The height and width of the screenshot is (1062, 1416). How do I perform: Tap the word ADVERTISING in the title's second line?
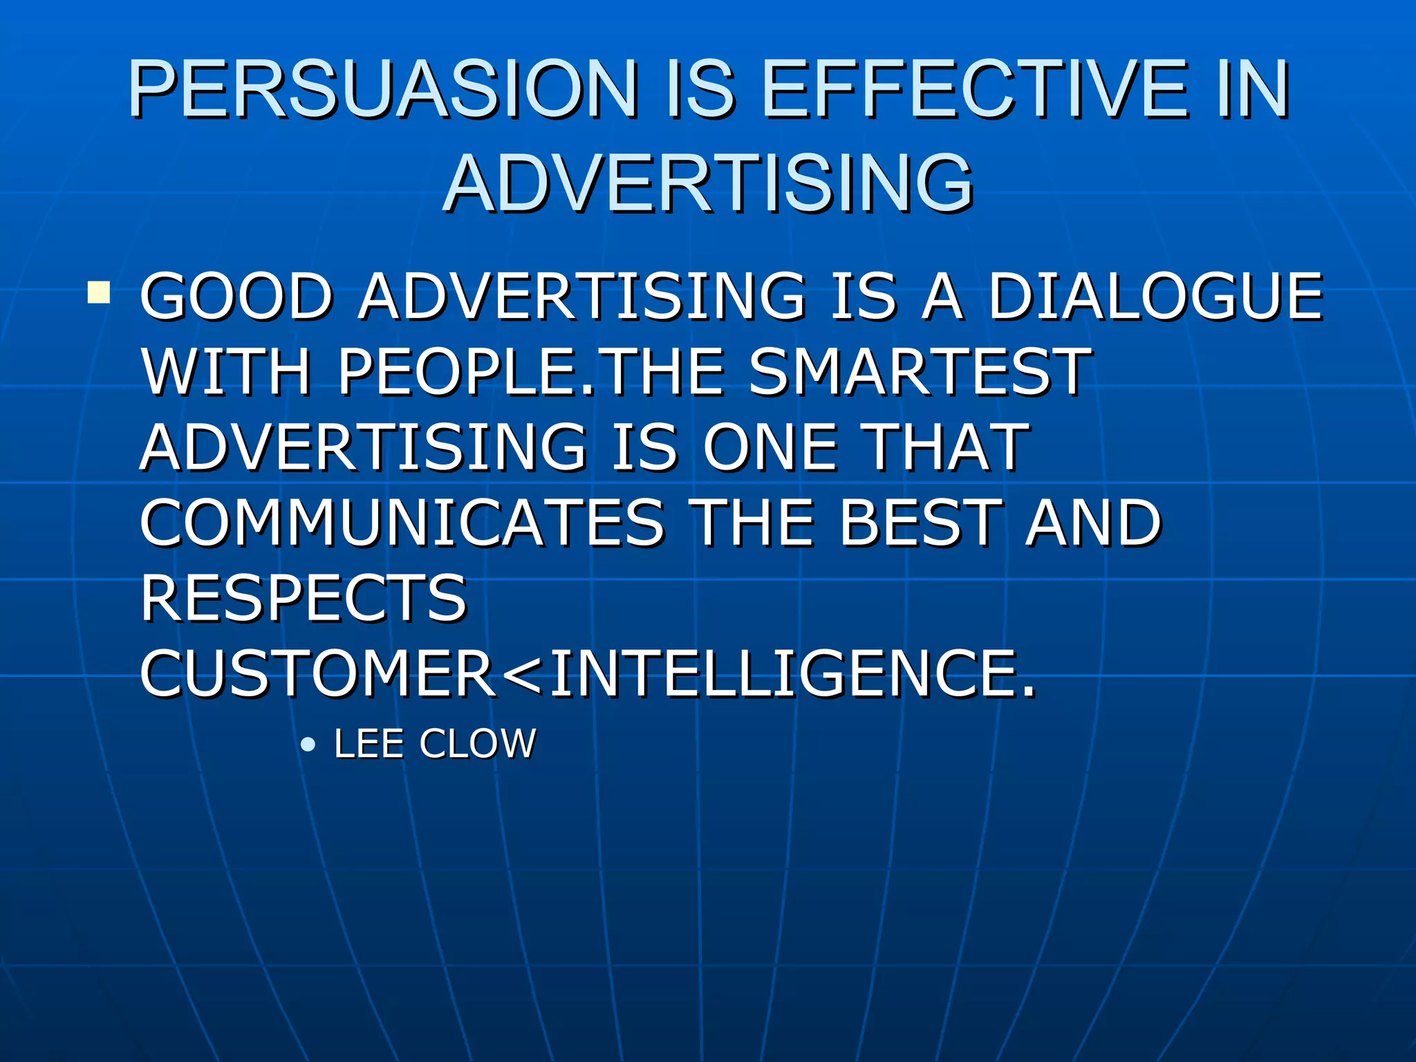point(708,183)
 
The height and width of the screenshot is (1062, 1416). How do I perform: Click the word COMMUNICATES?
point(401,523)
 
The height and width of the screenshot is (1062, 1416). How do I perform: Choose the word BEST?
point(920,523)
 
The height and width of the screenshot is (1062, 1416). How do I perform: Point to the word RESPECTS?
point(304,598)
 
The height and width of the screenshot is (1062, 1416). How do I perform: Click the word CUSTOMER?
point(318,673)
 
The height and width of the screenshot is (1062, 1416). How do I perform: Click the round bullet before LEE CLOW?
point(308,745)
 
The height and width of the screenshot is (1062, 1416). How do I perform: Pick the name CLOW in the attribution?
point(478,744)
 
